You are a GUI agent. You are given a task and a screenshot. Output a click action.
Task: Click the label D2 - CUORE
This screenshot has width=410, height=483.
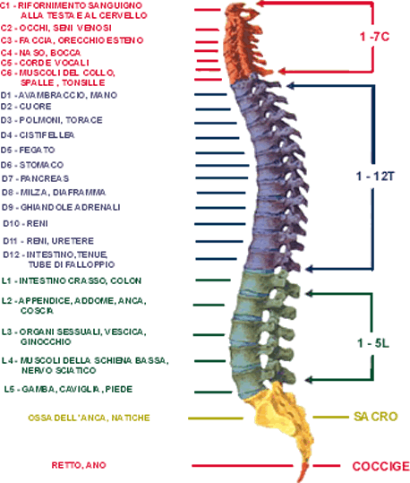click(26, 107)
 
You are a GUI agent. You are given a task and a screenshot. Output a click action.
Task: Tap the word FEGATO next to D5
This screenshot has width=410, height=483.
click(37, 150)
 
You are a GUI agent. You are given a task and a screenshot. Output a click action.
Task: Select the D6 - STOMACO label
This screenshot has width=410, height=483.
click(32, 165)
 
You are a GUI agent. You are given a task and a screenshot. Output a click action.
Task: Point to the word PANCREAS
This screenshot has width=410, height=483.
click(45, 178)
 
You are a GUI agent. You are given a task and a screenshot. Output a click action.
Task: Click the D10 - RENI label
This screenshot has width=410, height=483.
click(26, 223)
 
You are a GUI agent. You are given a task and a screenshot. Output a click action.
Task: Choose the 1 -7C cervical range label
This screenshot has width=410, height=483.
click(374, 37)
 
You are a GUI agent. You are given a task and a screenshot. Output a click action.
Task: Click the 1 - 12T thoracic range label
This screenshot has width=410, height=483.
click(375, 177)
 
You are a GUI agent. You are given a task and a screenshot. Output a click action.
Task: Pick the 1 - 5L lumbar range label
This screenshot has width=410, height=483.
click(373, 343)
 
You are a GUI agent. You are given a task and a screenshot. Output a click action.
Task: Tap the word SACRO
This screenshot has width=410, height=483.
click(375, 417)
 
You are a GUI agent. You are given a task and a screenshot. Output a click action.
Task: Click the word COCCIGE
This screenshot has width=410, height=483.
click(380, 466)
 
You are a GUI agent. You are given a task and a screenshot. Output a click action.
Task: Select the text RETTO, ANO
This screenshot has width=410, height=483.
click(79, 465)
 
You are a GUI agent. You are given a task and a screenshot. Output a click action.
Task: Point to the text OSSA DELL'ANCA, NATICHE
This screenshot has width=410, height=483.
click(89, 418)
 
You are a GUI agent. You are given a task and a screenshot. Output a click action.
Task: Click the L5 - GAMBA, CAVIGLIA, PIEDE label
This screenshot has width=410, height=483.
click(68, 389)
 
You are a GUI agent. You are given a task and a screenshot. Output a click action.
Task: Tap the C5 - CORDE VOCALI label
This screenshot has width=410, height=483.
click(45, 63)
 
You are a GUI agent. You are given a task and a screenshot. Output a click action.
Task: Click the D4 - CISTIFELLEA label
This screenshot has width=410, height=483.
click(38, 135)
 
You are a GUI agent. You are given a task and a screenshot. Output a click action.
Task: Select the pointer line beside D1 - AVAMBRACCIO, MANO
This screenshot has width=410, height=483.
click(211, 95)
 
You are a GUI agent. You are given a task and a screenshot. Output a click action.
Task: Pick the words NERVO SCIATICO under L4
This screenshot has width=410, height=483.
click(59, 370)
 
